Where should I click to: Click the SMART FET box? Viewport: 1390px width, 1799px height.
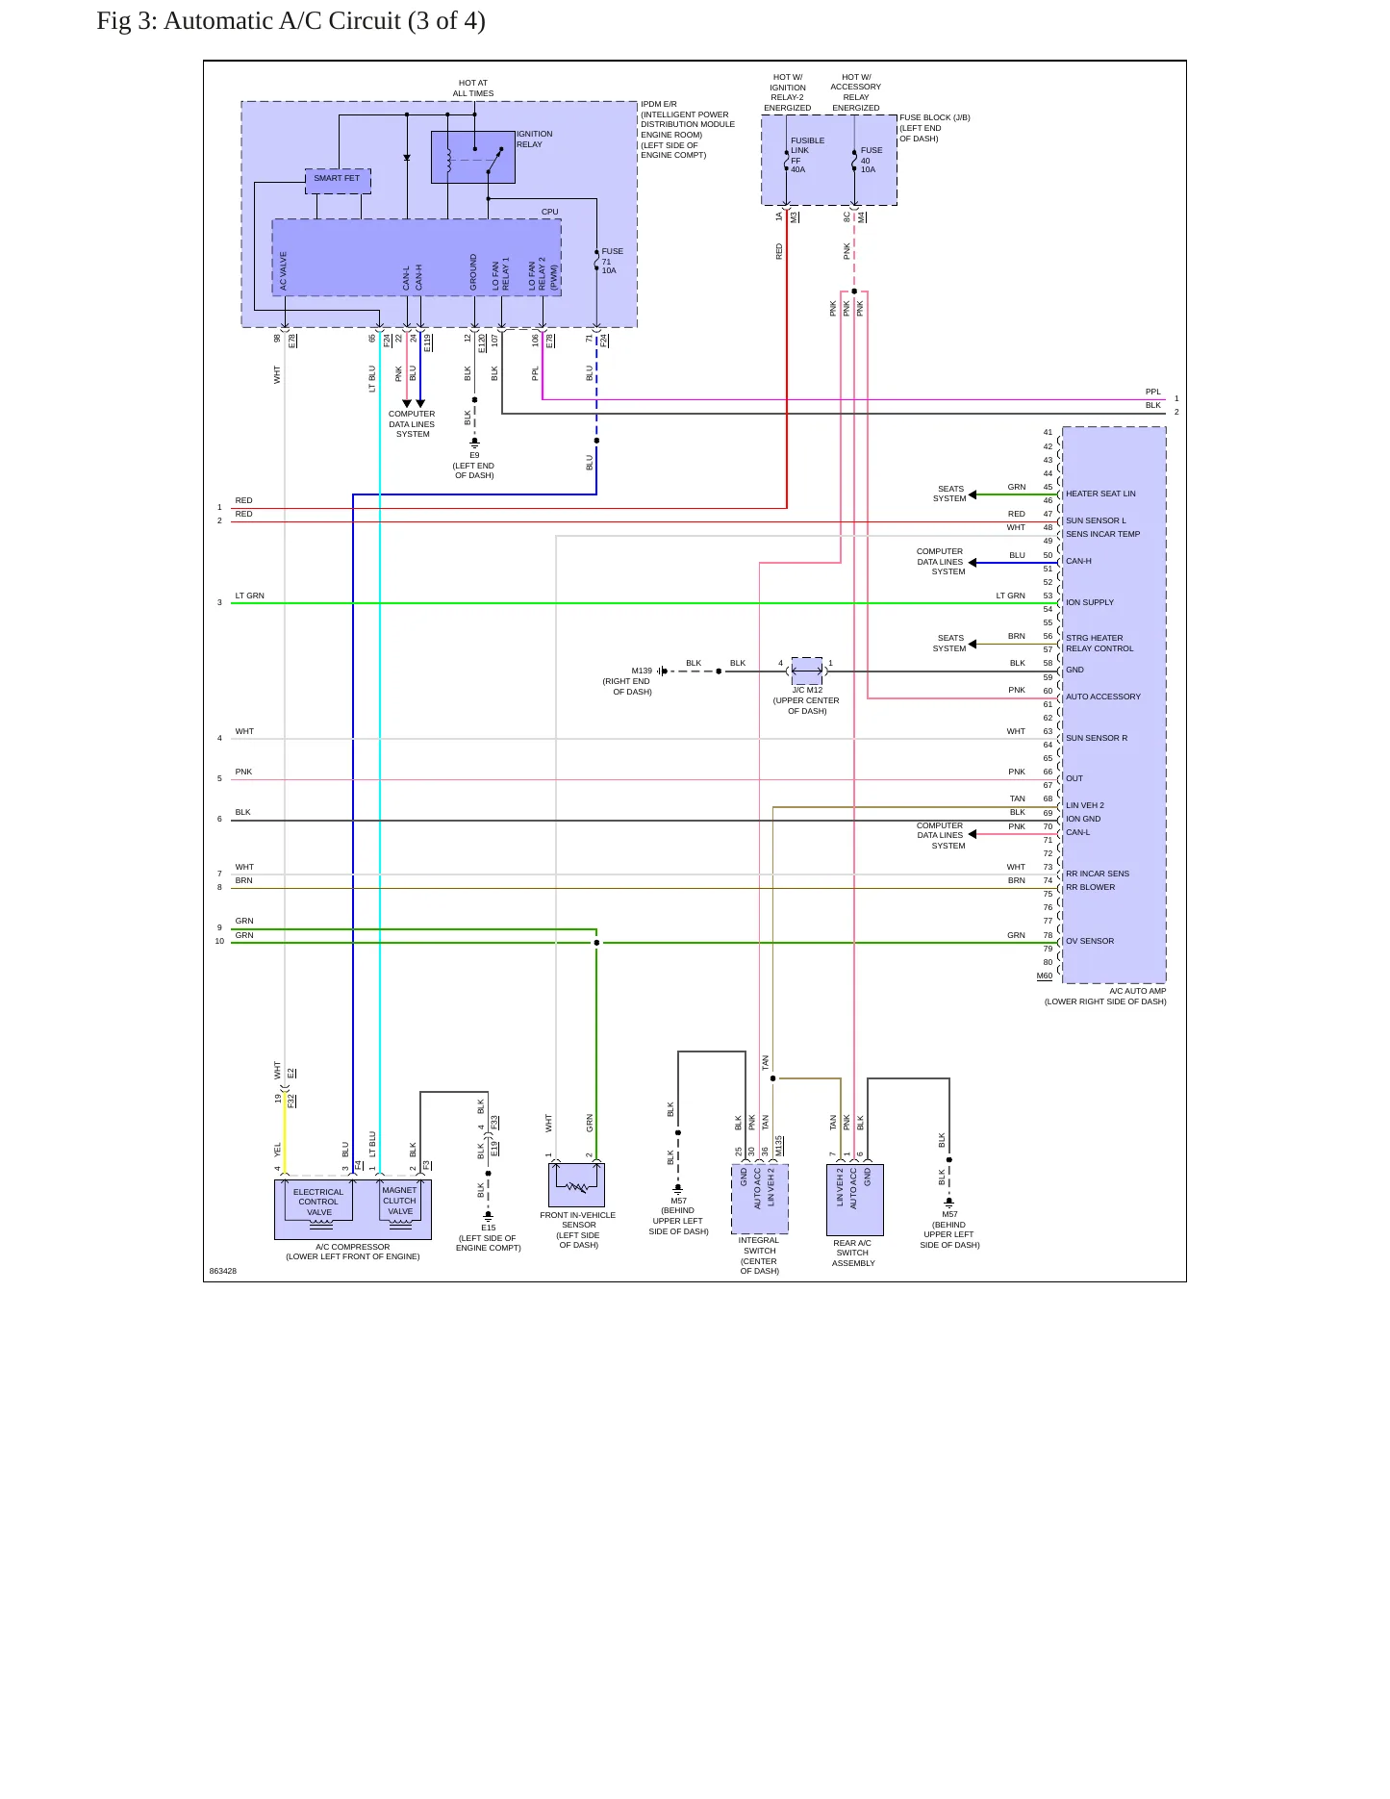point(338,181)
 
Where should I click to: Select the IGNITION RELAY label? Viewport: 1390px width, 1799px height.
point(534,139)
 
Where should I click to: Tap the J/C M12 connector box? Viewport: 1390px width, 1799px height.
point(807,671)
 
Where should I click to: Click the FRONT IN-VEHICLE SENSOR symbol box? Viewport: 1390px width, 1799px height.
point(576,1184)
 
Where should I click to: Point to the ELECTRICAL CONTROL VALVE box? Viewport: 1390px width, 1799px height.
point(318,1202)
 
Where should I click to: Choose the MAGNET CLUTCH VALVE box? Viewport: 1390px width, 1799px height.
point(400,1202)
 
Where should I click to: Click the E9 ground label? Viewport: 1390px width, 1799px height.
point(474,455)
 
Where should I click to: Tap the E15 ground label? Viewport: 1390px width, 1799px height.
point(489,1228)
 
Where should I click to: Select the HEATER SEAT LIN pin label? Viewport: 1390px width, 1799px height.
point(1100,494)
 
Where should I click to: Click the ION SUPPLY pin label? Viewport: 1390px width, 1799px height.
point(1090,602)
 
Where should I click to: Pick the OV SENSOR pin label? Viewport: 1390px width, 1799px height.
point(1090,941)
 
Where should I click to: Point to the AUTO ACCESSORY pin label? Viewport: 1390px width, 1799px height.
point(1103,697)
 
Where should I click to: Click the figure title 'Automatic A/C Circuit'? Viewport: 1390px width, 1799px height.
point(282,20)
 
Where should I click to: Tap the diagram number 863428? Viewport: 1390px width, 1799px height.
point(223,1271)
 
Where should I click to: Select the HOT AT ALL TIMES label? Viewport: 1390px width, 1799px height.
point(473,89)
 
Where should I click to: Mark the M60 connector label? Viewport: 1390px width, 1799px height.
point(1045,976)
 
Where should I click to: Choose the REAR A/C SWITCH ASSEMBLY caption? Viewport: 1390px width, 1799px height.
point(853,1253)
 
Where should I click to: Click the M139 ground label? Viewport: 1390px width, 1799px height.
point(642,671)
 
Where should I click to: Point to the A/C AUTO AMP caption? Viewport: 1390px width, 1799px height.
point(1138,991)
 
